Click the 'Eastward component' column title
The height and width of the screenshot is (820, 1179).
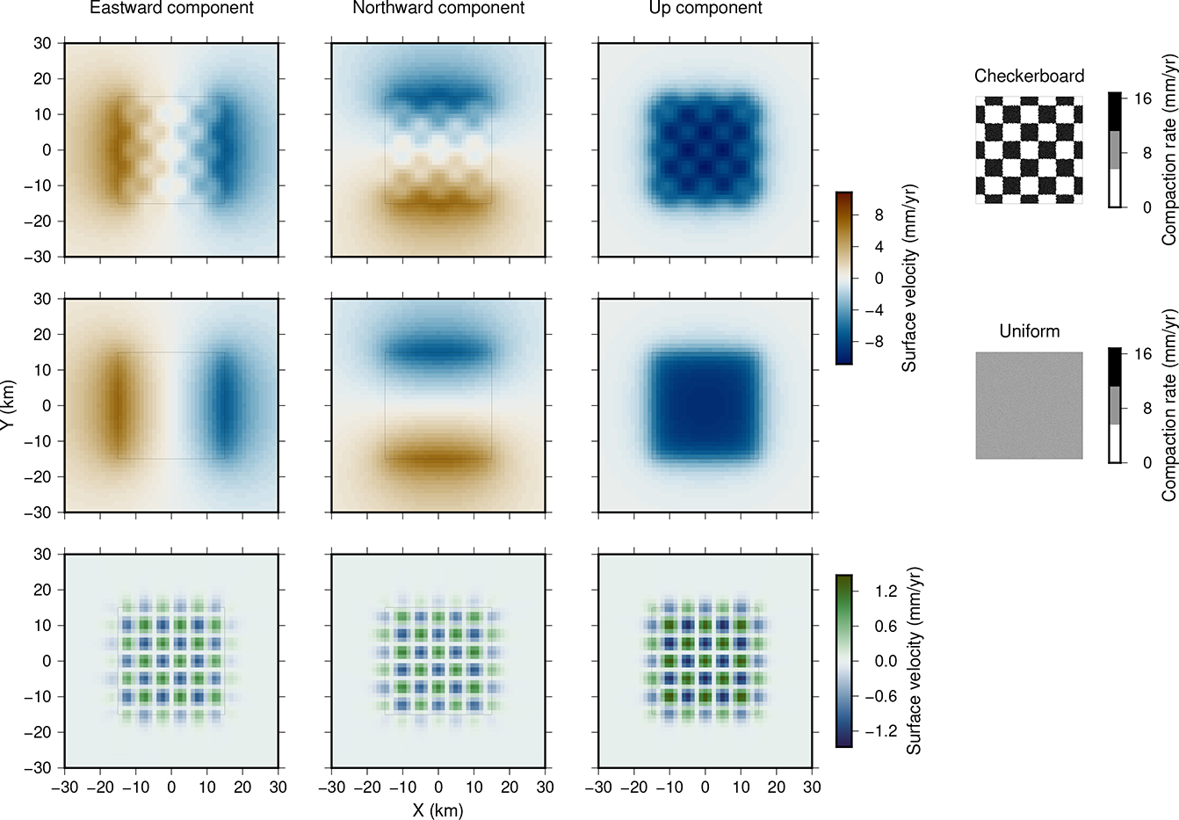point(171,9)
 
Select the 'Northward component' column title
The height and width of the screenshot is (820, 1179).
point(438,9)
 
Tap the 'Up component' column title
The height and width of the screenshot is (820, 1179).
point(705,9)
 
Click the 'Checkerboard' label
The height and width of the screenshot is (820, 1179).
point(1029,76)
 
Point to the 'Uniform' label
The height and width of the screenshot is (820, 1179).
point(1029,331)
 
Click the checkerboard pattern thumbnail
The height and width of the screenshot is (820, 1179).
point(1029,150)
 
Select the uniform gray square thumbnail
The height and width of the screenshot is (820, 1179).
point(1029,405)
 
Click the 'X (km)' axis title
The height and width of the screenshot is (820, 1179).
point(438,810)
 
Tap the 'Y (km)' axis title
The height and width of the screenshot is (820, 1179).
point(8,405)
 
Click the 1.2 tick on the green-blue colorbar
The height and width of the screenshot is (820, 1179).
point(886,591)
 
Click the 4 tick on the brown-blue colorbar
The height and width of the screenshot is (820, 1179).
point(879,247)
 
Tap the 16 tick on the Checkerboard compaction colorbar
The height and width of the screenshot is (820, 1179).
point(1142,98)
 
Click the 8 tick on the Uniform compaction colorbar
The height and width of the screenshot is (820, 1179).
point(1142,409)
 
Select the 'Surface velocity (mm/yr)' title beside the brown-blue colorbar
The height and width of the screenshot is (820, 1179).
point(909,279)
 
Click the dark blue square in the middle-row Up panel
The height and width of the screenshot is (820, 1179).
point(705,405)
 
